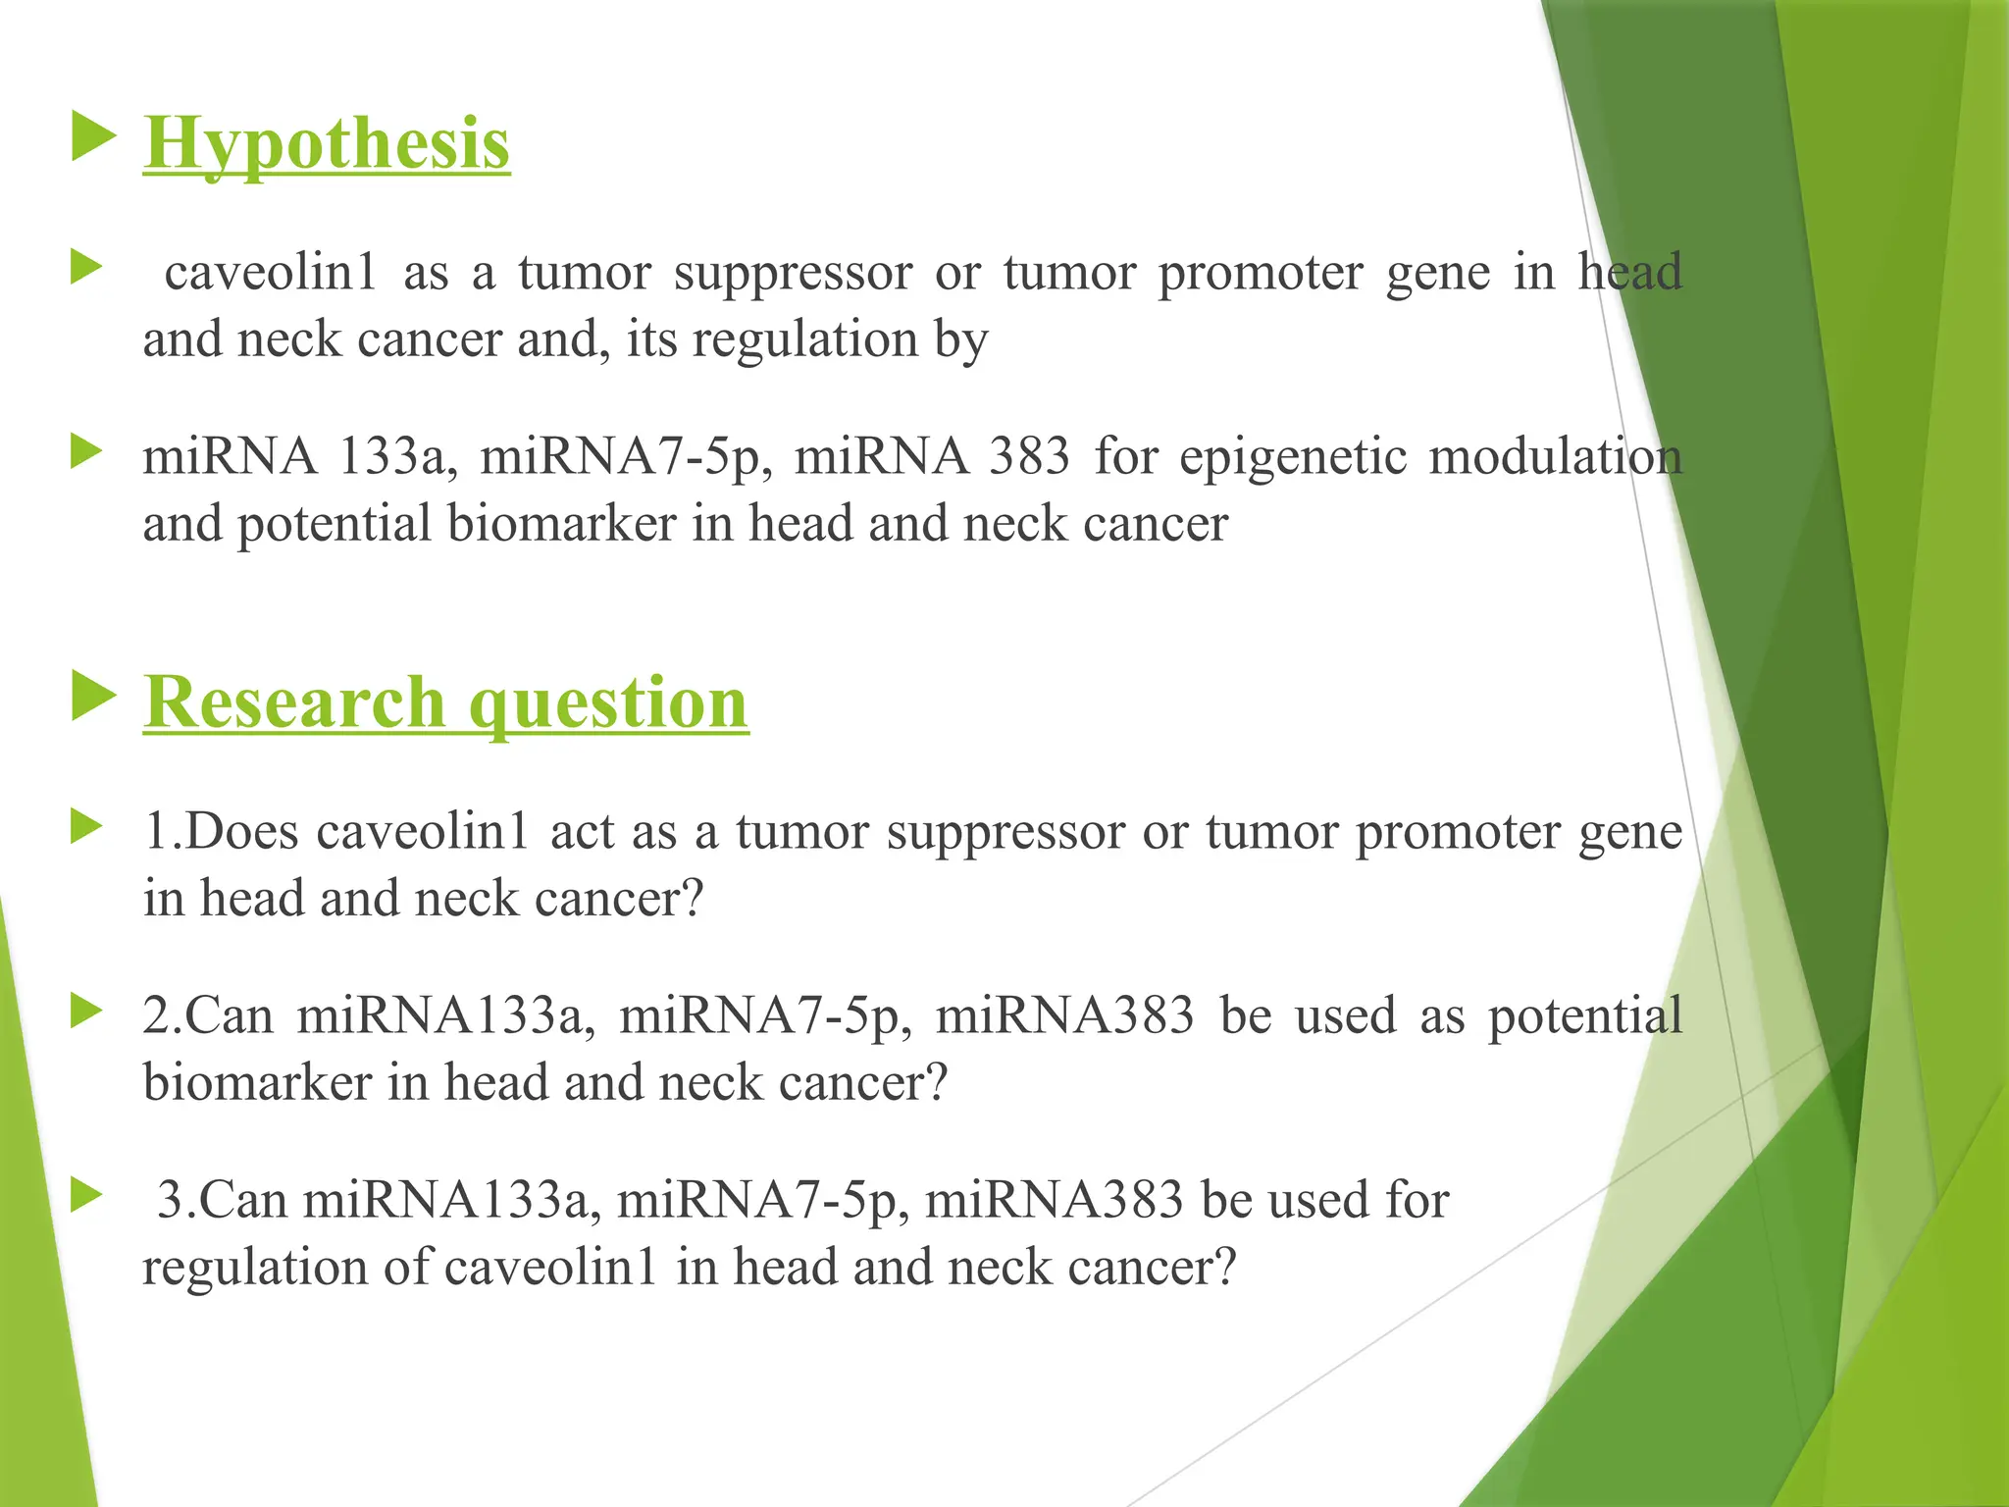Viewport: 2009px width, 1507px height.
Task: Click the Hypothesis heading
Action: (327, 144)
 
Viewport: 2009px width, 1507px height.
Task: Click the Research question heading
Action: (446, 702)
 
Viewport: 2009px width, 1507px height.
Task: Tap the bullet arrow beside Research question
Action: (93, 698)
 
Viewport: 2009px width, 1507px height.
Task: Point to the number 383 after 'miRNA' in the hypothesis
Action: (1029, 456)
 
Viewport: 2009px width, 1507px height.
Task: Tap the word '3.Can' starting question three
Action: (221, 1200)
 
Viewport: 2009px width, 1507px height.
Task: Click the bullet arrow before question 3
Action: (87, 1195)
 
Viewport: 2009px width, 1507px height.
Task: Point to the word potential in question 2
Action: (1584, 1015)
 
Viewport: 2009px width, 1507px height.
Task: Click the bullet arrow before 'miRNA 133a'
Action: (87, 452)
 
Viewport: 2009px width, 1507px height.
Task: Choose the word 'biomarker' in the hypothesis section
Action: (562, 524)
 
